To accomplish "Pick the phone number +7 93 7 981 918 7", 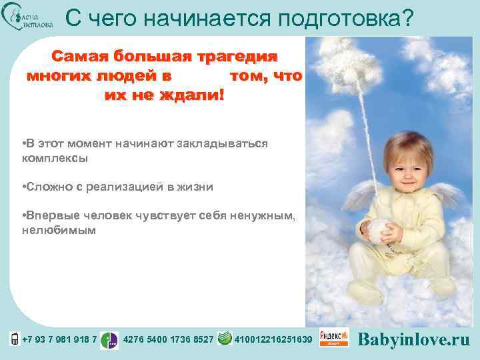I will click(x=59, y=339).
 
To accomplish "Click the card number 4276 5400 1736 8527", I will click(x=169, y=339).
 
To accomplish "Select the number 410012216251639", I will click(x=273, y=339).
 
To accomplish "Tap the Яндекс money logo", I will click(x=334, y=338).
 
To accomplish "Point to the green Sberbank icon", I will click(x=225, y=339).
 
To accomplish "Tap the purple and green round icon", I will click(x=109, y=340).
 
